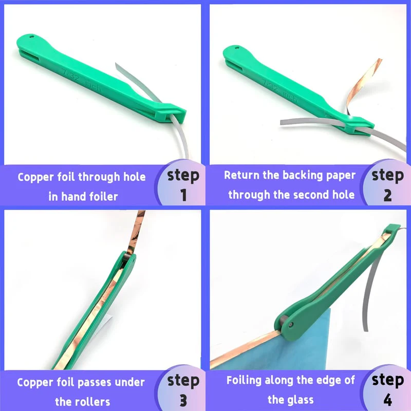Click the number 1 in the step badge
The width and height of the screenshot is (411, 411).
(x=184, y=195)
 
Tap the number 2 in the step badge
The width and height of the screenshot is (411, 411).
(x=387, y=195)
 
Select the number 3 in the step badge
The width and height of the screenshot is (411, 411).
(x=184, y=400)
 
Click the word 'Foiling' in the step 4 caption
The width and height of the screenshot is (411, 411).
(x=246, y=381)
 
